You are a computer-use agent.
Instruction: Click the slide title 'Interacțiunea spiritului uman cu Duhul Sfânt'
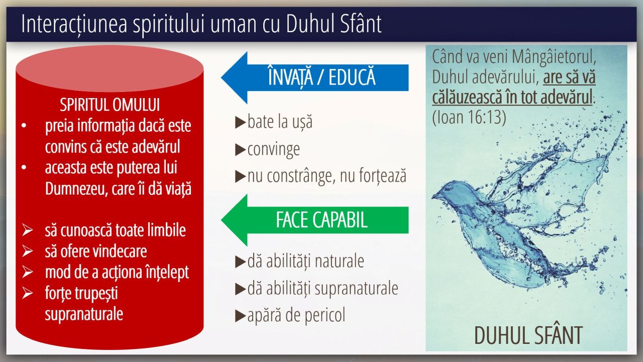click(201, 24)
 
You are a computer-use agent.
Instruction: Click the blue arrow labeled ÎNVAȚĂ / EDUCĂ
click(314, 77)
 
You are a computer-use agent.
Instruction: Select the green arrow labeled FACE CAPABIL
click(314, 220)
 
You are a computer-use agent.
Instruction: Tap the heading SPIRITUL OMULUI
click(110, 105)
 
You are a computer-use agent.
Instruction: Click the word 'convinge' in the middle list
click(274, 149)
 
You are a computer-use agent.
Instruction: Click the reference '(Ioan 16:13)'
click(469, 117)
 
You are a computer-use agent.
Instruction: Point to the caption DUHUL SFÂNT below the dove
click(528, 335)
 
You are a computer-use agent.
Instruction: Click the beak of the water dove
click(434, 197)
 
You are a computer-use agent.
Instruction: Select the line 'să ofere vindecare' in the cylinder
click(96, 251)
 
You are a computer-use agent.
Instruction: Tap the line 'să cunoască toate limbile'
click(116, 230)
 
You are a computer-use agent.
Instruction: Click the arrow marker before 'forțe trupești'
click(27, 293)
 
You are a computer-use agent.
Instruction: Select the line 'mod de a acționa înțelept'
click(117, 273)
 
